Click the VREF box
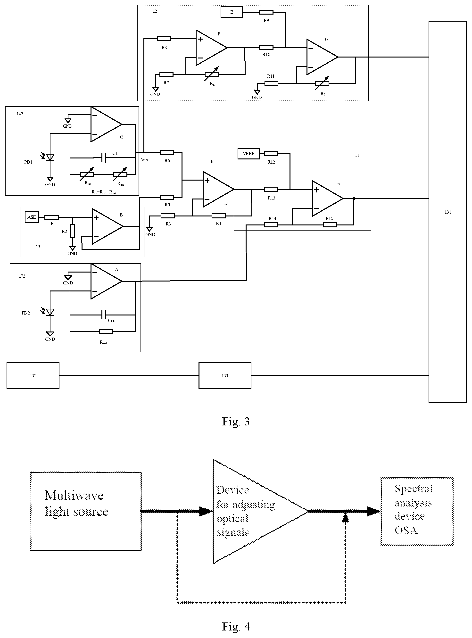[x=248, y=154]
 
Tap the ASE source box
[x=32, y=217]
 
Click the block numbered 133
[x=225, y=376]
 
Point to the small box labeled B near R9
[x=232, y=12]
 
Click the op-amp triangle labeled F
[x=211, y=48]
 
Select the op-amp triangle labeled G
[x=322, y=57]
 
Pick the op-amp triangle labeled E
[x=327, y=198]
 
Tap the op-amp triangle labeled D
[x=218, y=189]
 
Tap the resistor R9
[x=266, y=12]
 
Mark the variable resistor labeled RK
[x=212, y=74]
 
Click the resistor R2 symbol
[x=73, y=231]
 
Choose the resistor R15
[x=330, y=225]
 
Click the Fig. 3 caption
[x=236, y=422]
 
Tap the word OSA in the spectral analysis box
[x=406, y=530]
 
